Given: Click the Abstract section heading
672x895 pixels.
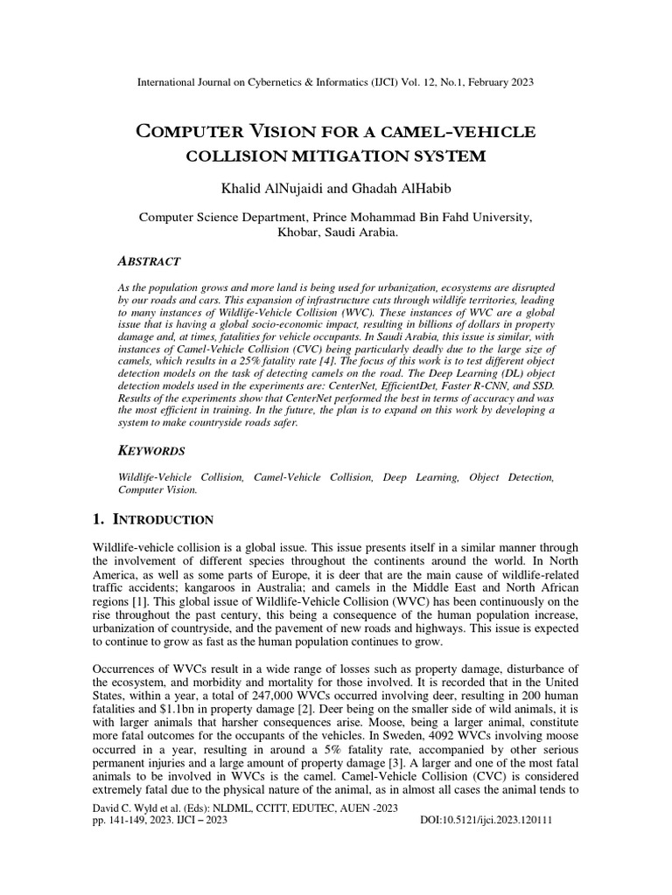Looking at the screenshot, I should tap(149, 261).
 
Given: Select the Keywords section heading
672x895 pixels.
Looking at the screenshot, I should tap(151, 451).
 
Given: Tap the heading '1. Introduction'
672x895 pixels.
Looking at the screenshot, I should tap(153, 520).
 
